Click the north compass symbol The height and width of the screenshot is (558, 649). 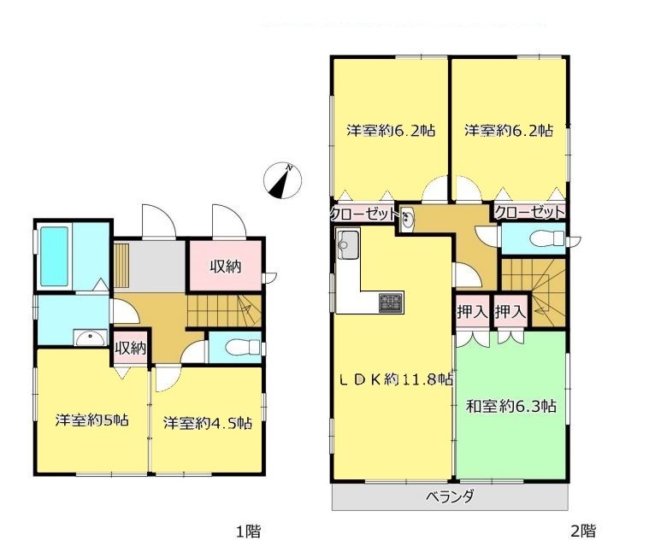[283, 180]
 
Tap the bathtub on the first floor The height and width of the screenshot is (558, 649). [54, 256]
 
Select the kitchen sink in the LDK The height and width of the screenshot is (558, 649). [348, 244]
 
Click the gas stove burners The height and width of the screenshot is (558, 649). [391, 302]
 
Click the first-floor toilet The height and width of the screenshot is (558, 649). [243, 347]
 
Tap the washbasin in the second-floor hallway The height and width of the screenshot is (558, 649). [407, 219]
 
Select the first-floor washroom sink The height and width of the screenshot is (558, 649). [91, 338]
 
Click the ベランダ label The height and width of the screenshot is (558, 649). [450, 496]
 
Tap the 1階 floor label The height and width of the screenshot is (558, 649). [248, 532]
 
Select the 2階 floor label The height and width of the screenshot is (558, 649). [583, 531]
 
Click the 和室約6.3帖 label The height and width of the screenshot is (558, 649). [510, 406]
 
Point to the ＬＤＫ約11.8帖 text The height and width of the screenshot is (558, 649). [396, 379]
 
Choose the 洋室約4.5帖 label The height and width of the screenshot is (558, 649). [208, 423]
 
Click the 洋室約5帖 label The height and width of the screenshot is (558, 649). [91, 420]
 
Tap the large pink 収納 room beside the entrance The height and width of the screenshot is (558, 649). [225, 266]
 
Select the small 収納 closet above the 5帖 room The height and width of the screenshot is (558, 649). [130, 349]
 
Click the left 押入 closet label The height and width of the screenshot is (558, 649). [472, 311]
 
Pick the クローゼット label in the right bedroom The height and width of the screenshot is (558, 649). [530, 212]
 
